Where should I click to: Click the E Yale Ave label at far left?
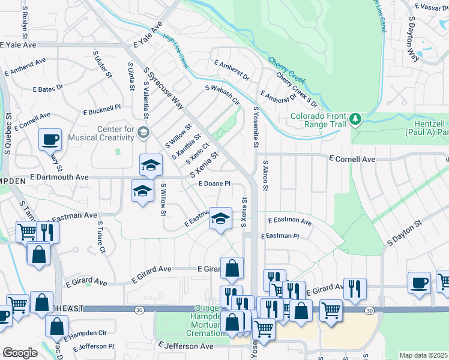(x=18, y=44)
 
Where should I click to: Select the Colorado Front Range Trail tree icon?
(x=356, y=118)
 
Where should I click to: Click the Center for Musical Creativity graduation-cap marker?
(x=143, y=132)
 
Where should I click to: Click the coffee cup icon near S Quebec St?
(x=50, y=140)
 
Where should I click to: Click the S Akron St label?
(x=265, y=175)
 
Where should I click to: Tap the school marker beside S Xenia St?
(x=220, y=218)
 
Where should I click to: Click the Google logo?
(x=20, y=353)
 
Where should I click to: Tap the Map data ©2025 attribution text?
(x=424, y=355)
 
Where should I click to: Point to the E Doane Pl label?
(x=214, y=184)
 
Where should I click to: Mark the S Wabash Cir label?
(x=222, y=96)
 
